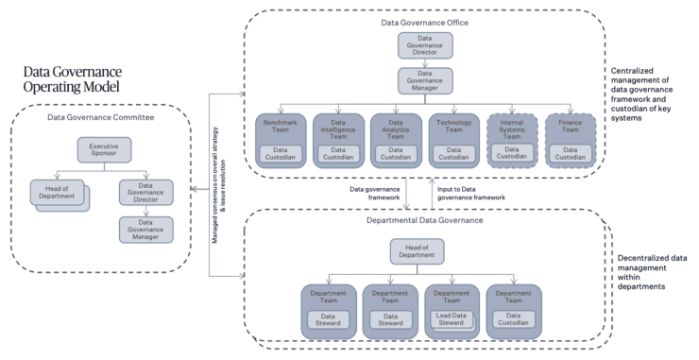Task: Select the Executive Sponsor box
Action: click(x=104, y=149)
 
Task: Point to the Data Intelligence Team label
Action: click(x=339, y=131)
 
